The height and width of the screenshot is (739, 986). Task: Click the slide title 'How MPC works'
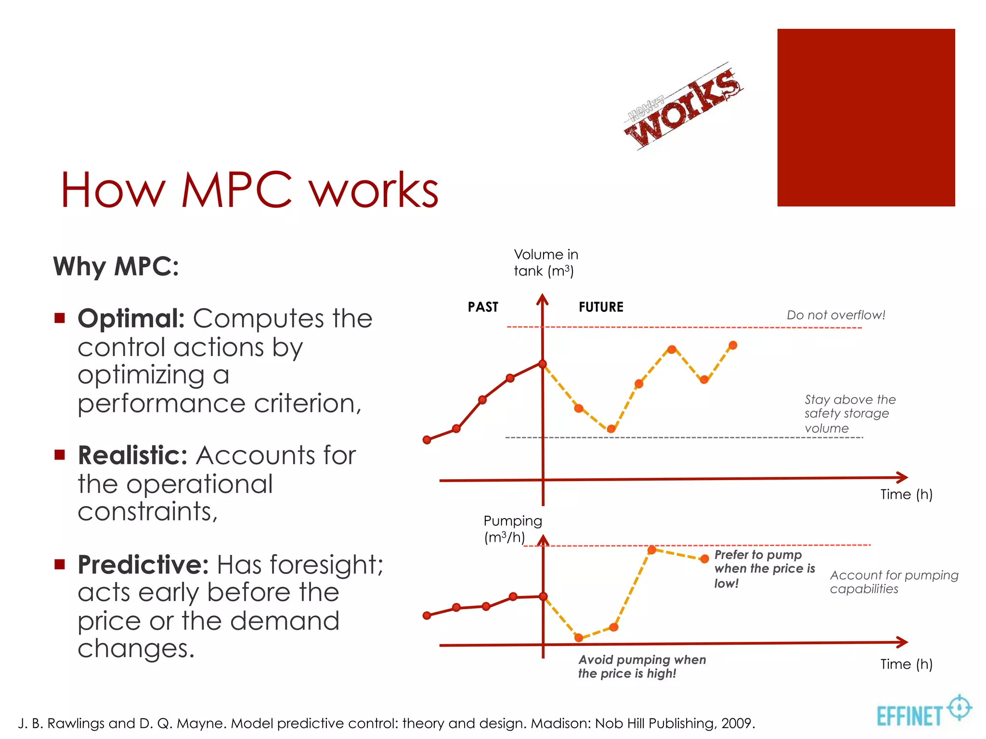click(x=249, y=190)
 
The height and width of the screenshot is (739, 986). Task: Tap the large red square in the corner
click(x=866, y=118)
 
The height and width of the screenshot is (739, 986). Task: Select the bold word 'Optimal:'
click(x=131, y=319)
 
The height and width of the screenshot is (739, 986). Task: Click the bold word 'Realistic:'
click(x=132, y=455)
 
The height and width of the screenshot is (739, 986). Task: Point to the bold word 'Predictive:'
click(x=143, y=565)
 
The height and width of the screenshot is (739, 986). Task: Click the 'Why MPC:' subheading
click(x=116, y=266)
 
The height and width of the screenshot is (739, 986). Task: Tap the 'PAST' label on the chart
click(x=483, y=307)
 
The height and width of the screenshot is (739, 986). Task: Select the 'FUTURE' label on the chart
click(x=601, y=307)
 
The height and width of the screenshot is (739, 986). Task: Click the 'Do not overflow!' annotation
click(x=836, y=315)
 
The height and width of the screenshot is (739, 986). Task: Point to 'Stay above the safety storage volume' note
click(x=849, y=414)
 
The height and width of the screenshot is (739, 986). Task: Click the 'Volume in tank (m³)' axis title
click(x=545, y=263)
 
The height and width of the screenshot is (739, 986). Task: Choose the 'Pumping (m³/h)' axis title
click(x=512, y=529)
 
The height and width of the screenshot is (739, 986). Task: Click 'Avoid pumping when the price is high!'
click(x=641, y=666)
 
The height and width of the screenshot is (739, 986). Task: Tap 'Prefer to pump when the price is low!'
click(x=764, y=569)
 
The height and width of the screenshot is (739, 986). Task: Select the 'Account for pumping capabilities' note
click(x=894, y=582)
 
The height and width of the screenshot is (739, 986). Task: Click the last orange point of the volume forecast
click(x=733, y=345)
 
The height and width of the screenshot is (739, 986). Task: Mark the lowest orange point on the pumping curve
click(x=579, y=637)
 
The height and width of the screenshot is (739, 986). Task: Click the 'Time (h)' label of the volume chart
click(x=906, y=494)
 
